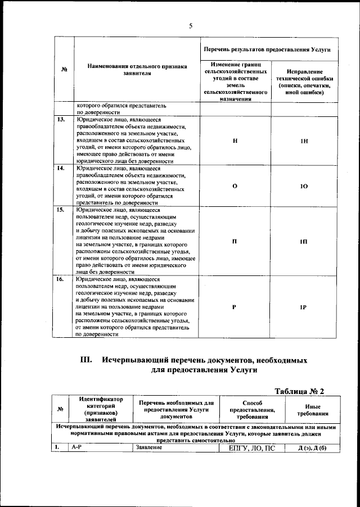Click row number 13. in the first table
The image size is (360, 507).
[x=60, y=119]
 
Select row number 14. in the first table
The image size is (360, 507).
[x=60, y=168]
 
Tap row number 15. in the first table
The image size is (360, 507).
[x=60, y=210]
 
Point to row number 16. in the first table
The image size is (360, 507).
[x=60, y=279]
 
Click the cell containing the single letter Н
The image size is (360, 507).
[x=234, y=141]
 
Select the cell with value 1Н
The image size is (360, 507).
[x=303, y=141]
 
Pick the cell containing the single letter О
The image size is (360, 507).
[x=234, y=185]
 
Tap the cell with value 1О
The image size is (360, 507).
[x=303, y=185]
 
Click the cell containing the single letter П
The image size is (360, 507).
[x=234, y=241]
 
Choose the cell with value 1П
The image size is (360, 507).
[x=303, y=241]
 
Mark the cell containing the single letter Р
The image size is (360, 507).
[x=234, y=307]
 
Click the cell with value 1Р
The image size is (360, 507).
[x=303, y=307]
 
